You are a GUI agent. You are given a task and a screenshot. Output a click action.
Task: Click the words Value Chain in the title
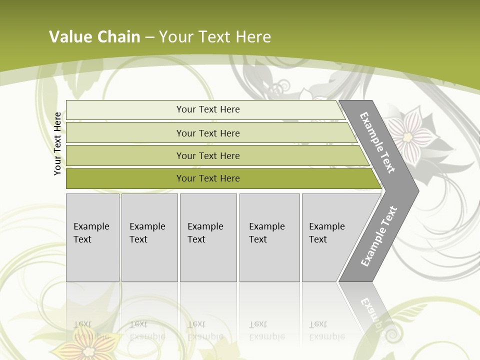coord(94,37)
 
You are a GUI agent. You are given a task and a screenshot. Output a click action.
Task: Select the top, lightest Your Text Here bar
coord(207,109)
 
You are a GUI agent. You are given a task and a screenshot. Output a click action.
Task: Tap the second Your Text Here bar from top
coord(207,133)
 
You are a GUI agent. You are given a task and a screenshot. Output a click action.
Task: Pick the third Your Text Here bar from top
coord(207,155)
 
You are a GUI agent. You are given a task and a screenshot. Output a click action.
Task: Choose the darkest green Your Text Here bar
coord(207,178)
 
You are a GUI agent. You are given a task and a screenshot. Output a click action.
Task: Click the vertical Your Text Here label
coord(57,143)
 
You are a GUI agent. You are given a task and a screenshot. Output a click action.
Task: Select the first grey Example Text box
coord(92,237)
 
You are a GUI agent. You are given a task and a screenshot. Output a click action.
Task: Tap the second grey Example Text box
coord(149,237)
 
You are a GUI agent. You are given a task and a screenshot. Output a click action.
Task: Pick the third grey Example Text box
coord(208,237)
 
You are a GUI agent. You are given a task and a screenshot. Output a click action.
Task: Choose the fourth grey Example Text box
coord(269,237)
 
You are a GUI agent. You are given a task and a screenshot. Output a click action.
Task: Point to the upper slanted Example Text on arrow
coord(377,142)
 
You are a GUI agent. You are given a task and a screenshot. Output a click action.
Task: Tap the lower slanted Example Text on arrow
coord(378,236)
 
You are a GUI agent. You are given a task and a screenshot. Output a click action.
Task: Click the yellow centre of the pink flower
coord(407,136)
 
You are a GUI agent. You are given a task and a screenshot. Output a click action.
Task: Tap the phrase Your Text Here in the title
coord(215,37)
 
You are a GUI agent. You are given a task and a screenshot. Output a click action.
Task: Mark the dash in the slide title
coord(149,37)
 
